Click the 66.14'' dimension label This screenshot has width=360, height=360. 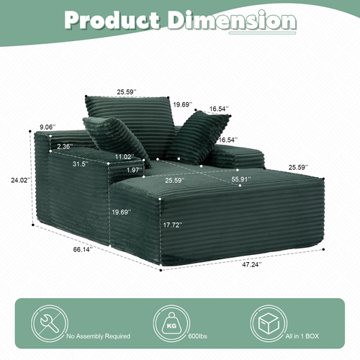point(83,250)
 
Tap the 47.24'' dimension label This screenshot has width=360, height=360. point(252,264)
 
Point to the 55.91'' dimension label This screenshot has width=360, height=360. point(241,179)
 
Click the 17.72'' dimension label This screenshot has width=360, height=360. point(173,225)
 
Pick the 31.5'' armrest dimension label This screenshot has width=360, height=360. point(81,164)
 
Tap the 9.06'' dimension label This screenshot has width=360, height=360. point(48,127)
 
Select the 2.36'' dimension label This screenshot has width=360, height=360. point(65,146)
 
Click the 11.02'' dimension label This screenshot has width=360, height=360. point(125,157)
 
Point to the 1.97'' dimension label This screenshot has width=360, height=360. point(135,170)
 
